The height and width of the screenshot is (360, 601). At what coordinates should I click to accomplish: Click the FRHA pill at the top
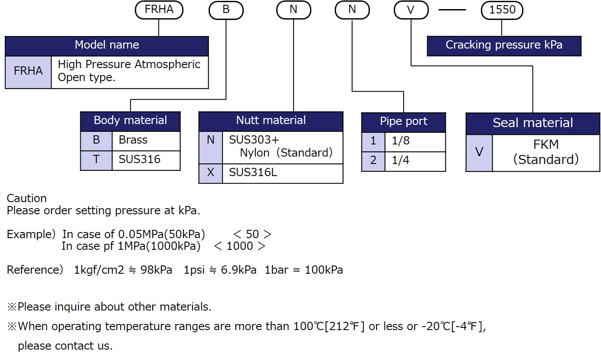pyautogui.click(x=159, y=10)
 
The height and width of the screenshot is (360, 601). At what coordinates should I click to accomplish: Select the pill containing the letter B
pyautogui.click(x=226, y=10)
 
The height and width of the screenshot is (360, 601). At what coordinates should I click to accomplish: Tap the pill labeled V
pyautogui.click(x=411, y=10)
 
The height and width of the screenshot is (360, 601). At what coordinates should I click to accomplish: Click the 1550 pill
pyautogui.click(x=502, y=10)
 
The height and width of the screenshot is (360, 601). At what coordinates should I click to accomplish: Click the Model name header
pyautogui.click(x=107, y=45)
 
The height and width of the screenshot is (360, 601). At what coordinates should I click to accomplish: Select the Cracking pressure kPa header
pyautogui.click(x=504, y=45)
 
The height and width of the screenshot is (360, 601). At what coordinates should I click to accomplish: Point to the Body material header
pyautogui.click(x=130, y=121)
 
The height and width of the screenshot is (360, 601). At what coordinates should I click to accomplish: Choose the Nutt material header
pyautogui.click(x=271, y=121)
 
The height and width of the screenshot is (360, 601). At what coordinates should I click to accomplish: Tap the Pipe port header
pyautogui.click(x=403, y=121)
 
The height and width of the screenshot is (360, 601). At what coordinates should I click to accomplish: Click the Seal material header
pyautogui.click(x=532, y=123)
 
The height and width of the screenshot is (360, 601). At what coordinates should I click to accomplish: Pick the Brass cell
pyautogui.click(x=146, y=140)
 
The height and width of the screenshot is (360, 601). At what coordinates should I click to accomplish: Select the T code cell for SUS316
pyautogui.click(x=96, y=160)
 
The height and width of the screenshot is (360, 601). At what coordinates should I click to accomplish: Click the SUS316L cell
pyautogui.click(x=282, y=173)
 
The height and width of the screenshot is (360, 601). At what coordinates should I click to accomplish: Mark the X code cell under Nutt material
pyautogui.click(x=211, y=173)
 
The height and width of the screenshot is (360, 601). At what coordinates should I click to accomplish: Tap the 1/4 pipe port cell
pyautogui.click(x=415, y=161)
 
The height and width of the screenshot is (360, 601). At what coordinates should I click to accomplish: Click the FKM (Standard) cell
pyautogui.click(x=546, y=152)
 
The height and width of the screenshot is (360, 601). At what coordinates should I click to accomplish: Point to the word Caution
pyautogui.click(x=27, y=199)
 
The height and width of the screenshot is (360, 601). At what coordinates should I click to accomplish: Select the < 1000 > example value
pyautogui.click(x=239, y=246)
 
